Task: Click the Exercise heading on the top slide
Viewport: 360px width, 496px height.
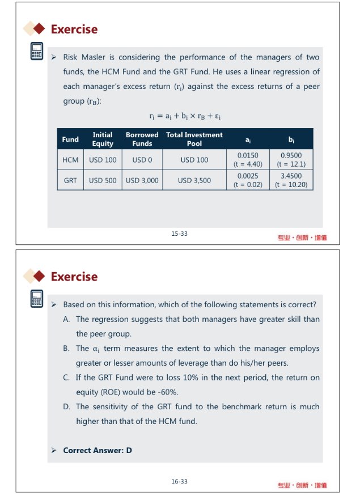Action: [74, 29]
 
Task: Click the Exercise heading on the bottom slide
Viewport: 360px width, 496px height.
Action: [74, 277]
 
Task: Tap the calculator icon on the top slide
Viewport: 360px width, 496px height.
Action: [37, 52]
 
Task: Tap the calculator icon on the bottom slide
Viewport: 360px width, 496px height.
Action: [37, 299]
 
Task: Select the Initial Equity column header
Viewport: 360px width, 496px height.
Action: [102, 139]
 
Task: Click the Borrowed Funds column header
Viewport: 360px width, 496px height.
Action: [142, 139]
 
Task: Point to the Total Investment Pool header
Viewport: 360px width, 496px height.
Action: [194, 139]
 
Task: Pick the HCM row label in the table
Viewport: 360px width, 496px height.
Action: [70, 160]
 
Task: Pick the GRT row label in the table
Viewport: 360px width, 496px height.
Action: [70, 180]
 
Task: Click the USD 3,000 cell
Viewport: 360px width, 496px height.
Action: [142, 180]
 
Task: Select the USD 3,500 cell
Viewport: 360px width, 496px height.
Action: [194, 180]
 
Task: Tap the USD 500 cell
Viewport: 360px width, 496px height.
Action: [103, 180]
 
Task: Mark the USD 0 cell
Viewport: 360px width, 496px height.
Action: [142, 160]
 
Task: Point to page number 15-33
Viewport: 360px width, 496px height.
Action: [179, 234]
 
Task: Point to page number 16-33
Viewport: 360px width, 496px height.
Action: [179, 481]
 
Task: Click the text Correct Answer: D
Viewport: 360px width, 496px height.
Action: [97, 451]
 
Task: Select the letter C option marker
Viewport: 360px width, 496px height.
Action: [66, 378]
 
